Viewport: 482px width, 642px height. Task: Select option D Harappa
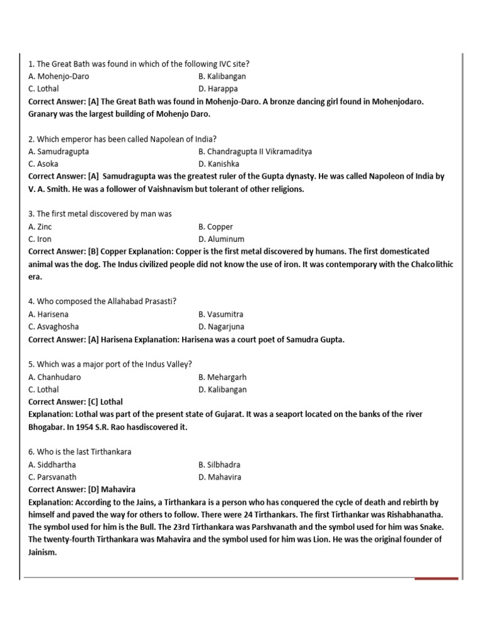pos(218,89)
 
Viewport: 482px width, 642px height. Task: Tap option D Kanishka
pos(218,164)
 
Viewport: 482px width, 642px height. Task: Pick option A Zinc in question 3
pos(40,227)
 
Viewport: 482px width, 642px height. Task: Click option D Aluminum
pos(221,239)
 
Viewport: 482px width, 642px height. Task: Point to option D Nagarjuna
pos(221,327)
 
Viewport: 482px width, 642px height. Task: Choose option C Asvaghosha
pos(53,327)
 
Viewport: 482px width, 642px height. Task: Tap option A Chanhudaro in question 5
pos(55,377)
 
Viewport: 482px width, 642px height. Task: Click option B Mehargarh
pos(222,377)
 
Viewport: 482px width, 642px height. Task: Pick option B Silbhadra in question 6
pos(219,465)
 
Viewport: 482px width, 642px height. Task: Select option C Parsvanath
pos(52,477)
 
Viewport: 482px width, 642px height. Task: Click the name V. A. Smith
pos(48,189)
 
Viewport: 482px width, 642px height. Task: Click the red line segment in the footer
pos(437,578)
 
